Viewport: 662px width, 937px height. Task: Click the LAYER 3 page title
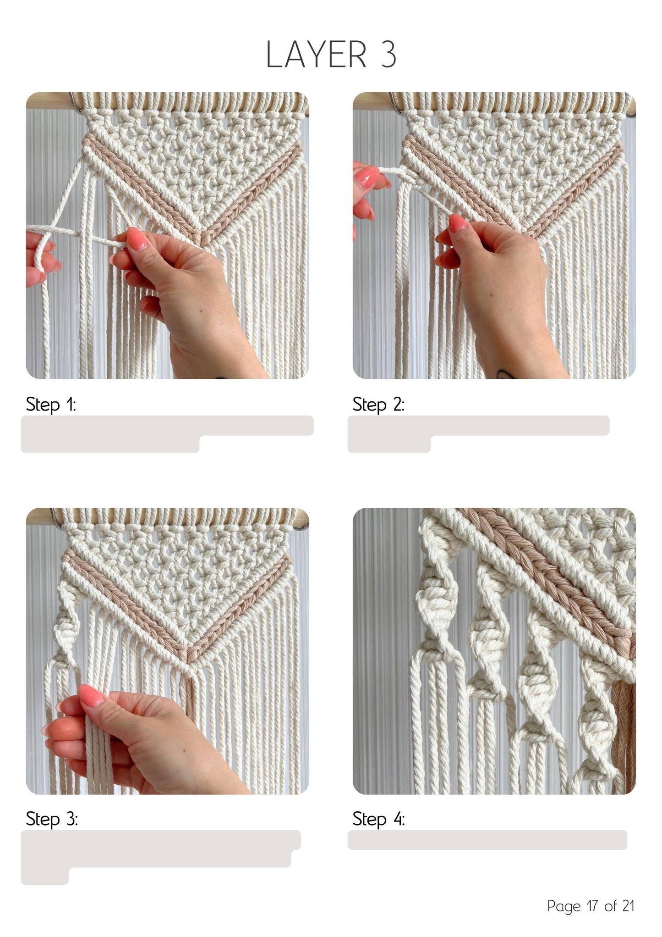point(331,55)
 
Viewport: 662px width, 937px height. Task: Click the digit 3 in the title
point(388,55)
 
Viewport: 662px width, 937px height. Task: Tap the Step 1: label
point(51,405)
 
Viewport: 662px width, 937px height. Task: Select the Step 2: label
point(378,405)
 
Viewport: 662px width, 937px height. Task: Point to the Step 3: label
point(52,819)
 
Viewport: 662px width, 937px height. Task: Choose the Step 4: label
point(379,819)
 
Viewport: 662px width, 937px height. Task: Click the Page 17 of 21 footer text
point(591,906)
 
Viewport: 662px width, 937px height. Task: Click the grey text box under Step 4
point(487,840)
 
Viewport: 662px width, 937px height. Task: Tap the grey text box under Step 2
point(478,434)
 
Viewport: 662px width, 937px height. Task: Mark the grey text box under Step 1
point(167,434)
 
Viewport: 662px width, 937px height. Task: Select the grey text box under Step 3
point(161,857)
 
